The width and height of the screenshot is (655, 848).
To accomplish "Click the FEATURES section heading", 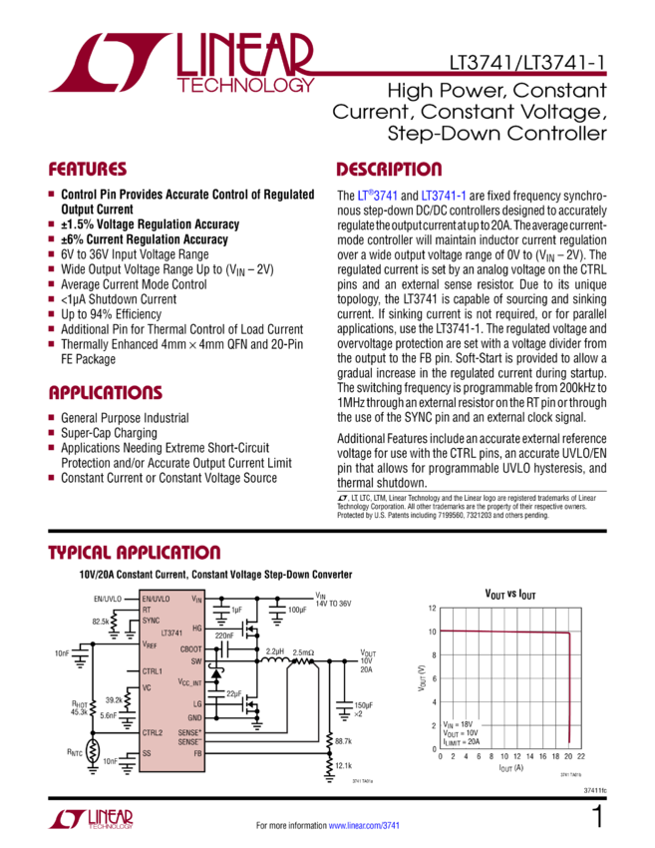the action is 89,169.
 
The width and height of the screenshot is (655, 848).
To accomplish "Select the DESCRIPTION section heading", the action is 389,169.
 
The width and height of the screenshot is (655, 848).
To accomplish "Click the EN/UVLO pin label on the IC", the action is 158,599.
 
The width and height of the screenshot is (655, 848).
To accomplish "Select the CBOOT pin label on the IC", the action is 190,648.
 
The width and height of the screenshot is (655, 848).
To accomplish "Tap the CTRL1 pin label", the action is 153,670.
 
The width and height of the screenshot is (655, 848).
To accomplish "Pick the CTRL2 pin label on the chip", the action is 153,732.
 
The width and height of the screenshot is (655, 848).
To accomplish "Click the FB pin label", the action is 197,753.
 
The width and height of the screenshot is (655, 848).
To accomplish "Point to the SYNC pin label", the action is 152,620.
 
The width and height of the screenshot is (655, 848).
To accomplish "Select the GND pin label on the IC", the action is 194,717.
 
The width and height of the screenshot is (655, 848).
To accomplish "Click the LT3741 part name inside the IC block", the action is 172,634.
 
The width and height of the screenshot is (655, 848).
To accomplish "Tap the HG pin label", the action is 196,628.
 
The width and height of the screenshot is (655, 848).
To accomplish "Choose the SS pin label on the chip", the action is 147,753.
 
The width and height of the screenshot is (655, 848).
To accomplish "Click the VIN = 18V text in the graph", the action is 455,721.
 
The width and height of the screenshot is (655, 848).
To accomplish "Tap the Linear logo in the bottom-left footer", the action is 90,820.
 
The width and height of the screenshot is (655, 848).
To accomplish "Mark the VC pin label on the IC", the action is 147,687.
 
